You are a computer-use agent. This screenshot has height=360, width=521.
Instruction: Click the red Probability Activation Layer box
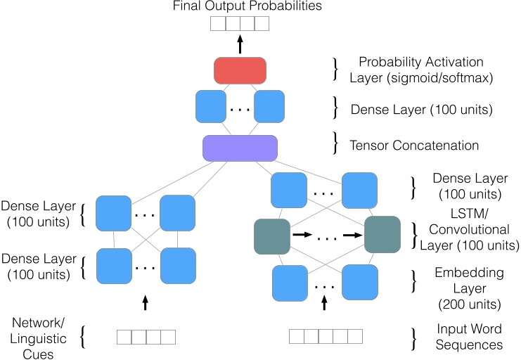[240, 70]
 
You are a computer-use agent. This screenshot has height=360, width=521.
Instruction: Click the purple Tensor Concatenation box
[240, 148]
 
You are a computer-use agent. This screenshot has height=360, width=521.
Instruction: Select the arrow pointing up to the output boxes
[240, 46]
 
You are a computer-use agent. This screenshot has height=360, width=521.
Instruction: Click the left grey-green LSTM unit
[272, 236]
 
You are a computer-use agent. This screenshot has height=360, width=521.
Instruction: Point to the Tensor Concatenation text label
[415, 146]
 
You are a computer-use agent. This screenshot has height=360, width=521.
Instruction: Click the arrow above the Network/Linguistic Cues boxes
[146, 303]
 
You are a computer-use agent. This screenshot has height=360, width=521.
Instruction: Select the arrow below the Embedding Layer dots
[325, 303]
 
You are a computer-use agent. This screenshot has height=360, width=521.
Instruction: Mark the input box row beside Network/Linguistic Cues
[146, 337]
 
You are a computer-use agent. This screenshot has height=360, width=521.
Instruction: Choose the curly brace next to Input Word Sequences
[413, 336]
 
